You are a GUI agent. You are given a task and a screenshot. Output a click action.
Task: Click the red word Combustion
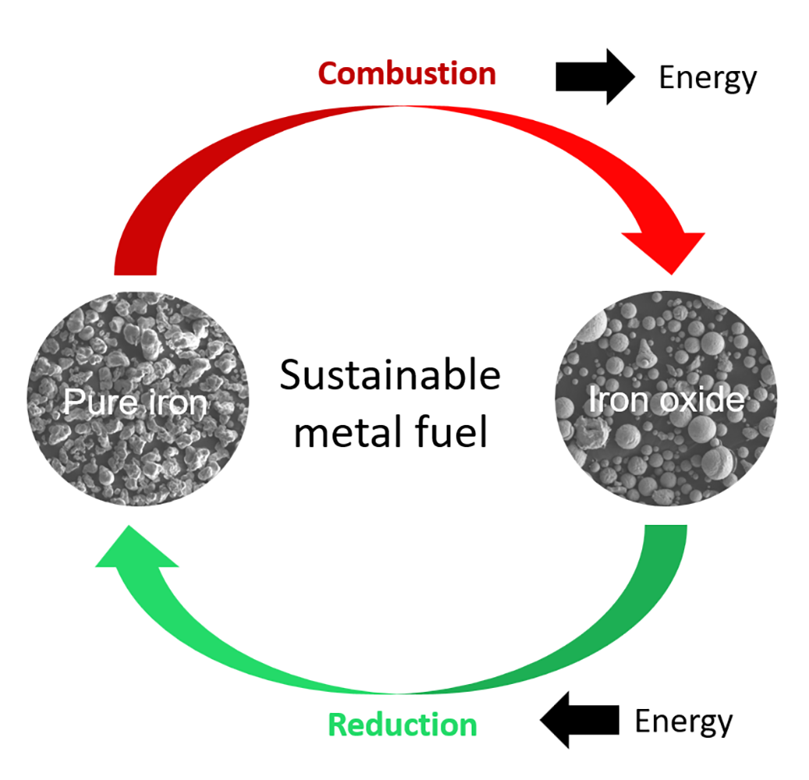pyautogui.click(x=407, y=74)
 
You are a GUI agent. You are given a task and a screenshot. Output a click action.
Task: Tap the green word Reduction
pyautogui.click(x=402, y=724)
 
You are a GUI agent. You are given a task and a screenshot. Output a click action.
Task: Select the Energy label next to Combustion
pyautogui.click(x=707, y=78)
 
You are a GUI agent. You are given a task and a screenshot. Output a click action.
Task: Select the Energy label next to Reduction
pyautogui.click(x=684, y=721)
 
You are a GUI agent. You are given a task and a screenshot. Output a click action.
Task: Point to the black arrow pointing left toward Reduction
pyautogui.click(x=581, y=719)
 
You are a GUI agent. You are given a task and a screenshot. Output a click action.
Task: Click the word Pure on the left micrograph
pyautogui.click(x=95, y=402)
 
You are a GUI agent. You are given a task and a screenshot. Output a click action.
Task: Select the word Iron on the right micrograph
pyautogui.click(x=612, y=400)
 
